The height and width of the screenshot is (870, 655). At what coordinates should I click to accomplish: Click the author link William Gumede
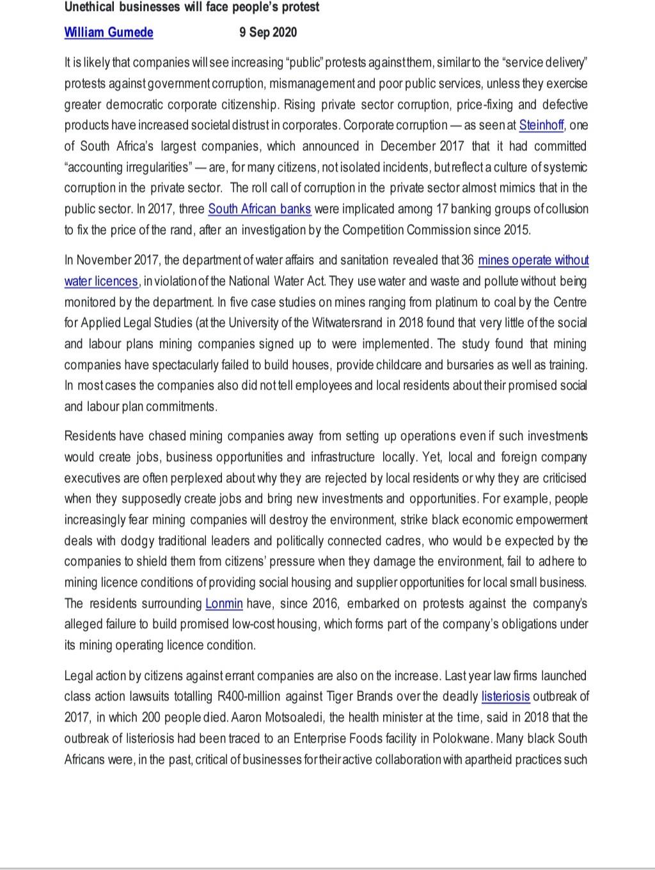108,32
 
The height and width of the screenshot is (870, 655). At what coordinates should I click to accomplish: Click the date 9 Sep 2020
268,32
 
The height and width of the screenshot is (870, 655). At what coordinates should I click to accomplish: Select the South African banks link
260,209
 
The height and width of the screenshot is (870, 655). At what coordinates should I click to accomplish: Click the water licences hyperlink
101,281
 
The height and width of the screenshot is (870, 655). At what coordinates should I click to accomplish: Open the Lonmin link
224,604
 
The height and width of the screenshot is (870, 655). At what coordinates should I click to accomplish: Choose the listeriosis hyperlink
505,697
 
